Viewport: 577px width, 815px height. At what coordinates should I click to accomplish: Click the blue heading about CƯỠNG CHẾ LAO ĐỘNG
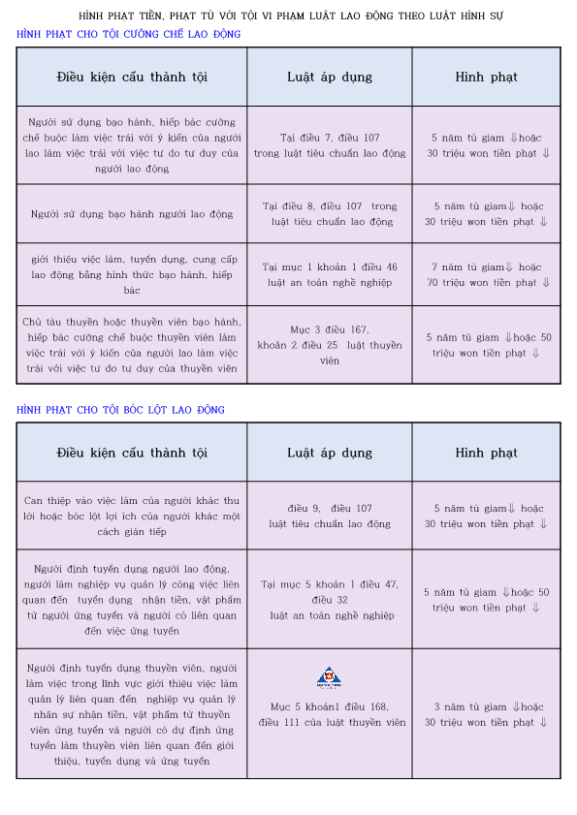129,34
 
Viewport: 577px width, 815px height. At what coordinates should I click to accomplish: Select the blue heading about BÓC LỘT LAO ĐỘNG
120,410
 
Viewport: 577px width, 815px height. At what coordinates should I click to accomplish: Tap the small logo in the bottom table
330,677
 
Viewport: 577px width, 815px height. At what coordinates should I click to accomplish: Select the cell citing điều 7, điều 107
330,145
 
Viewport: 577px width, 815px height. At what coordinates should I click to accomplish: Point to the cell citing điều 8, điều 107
330,213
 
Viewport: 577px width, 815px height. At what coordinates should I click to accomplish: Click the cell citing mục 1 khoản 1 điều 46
330,274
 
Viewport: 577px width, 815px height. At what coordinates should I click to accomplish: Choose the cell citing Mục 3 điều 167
330,345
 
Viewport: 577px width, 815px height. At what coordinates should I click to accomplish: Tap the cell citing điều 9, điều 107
330,516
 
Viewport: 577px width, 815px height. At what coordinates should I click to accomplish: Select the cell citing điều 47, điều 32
330,599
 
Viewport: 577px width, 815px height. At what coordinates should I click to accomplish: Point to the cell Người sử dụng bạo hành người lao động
132,213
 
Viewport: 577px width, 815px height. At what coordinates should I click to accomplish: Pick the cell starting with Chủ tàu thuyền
132,345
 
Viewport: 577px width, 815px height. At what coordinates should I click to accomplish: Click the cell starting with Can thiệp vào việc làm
132,516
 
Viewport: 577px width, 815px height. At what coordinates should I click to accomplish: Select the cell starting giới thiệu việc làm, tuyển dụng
132,274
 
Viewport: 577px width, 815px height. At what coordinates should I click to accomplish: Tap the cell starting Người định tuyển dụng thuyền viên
132,714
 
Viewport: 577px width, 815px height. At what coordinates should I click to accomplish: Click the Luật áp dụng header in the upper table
330,77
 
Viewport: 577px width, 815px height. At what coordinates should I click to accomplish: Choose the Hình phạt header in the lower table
487,453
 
